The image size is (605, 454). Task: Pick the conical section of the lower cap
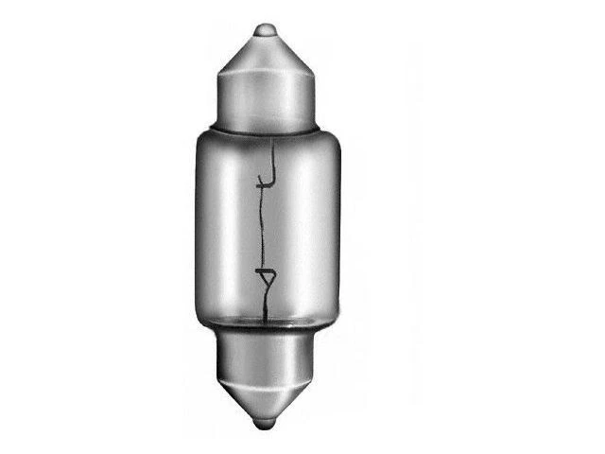pyautogui.click(x=268, y=392)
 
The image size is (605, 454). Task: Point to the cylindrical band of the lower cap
pyautogui.click(x=268, y=349)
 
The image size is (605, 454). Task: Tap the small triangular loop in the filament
pyautogui.click(x=268, y=279)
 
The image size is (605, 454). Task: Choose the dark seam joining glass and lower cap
pyautogui.click(x=268, y=324)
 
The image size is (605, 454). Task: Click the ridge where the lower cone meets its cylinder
pyautogui.click(x=268, y=372)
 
